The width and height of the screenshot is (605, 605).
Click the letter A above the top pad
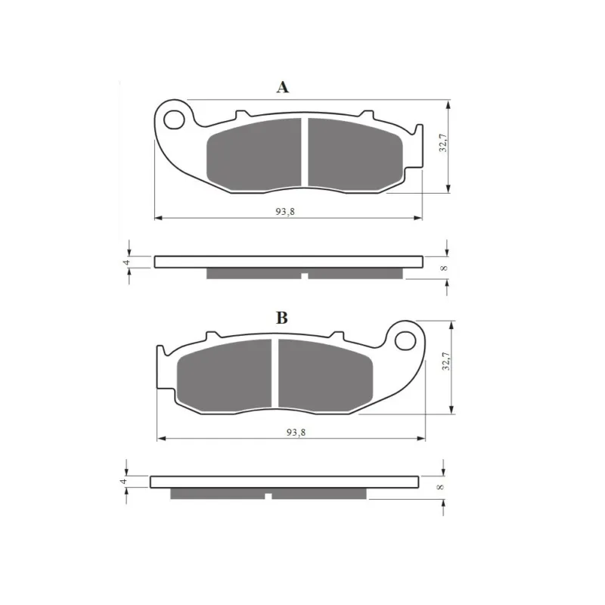click(282, 87)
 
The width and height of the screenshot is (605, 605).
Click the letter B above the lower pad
click(282, 318)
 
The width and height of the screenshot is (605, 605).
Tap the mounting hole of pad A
click(174, 120)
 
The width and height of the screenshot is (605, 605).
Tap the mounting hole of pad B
click(405, 341)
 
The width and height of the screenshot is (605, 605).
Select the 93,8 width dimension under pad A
click(285, 212)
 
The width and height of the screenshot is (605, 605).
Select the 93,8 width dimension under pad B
click(296, 433)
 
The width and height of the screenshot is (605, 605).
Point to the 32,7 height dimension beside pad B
click(446, 361)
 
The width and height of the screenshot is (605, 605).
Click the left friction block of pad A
click(255, 154)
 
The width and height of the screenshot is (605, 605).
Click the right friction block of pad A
click(355, 154)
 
